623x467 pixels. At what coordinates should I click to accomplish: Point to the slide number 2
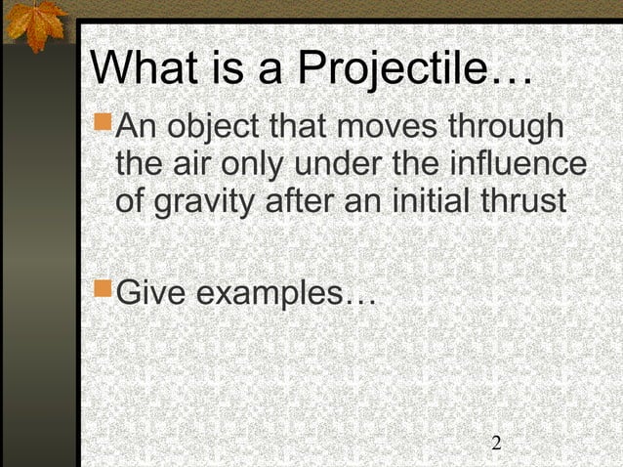point(496,444)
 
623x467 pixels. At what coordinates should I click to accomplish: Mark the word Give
point(151,291)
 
